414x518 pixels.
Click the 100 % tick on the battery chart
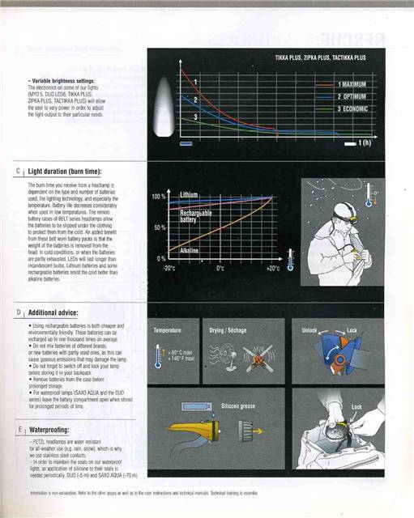(x=159, y=197)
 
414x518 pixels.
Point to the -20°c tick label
(x=169, y=267)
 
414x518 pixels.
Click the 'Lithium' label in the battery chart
(x=189, y=195)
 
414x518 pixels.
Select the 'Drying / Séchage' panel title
(x=228, y=331)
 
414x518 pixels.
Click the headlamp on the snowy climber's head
(x=349, y=214)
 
